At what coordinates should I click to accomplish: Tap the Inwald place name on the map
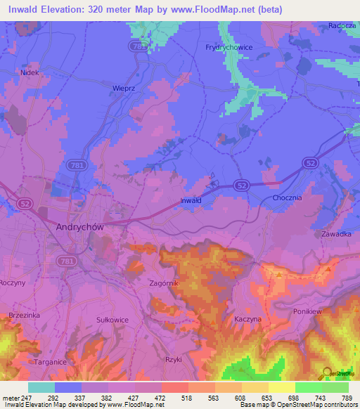[191, 200]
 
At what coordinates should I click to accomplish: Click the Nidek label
[29, 72]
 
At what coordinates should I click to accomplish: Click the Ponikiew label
[307, 309]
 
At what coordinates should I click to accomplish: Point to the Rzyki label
[172, 359]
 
